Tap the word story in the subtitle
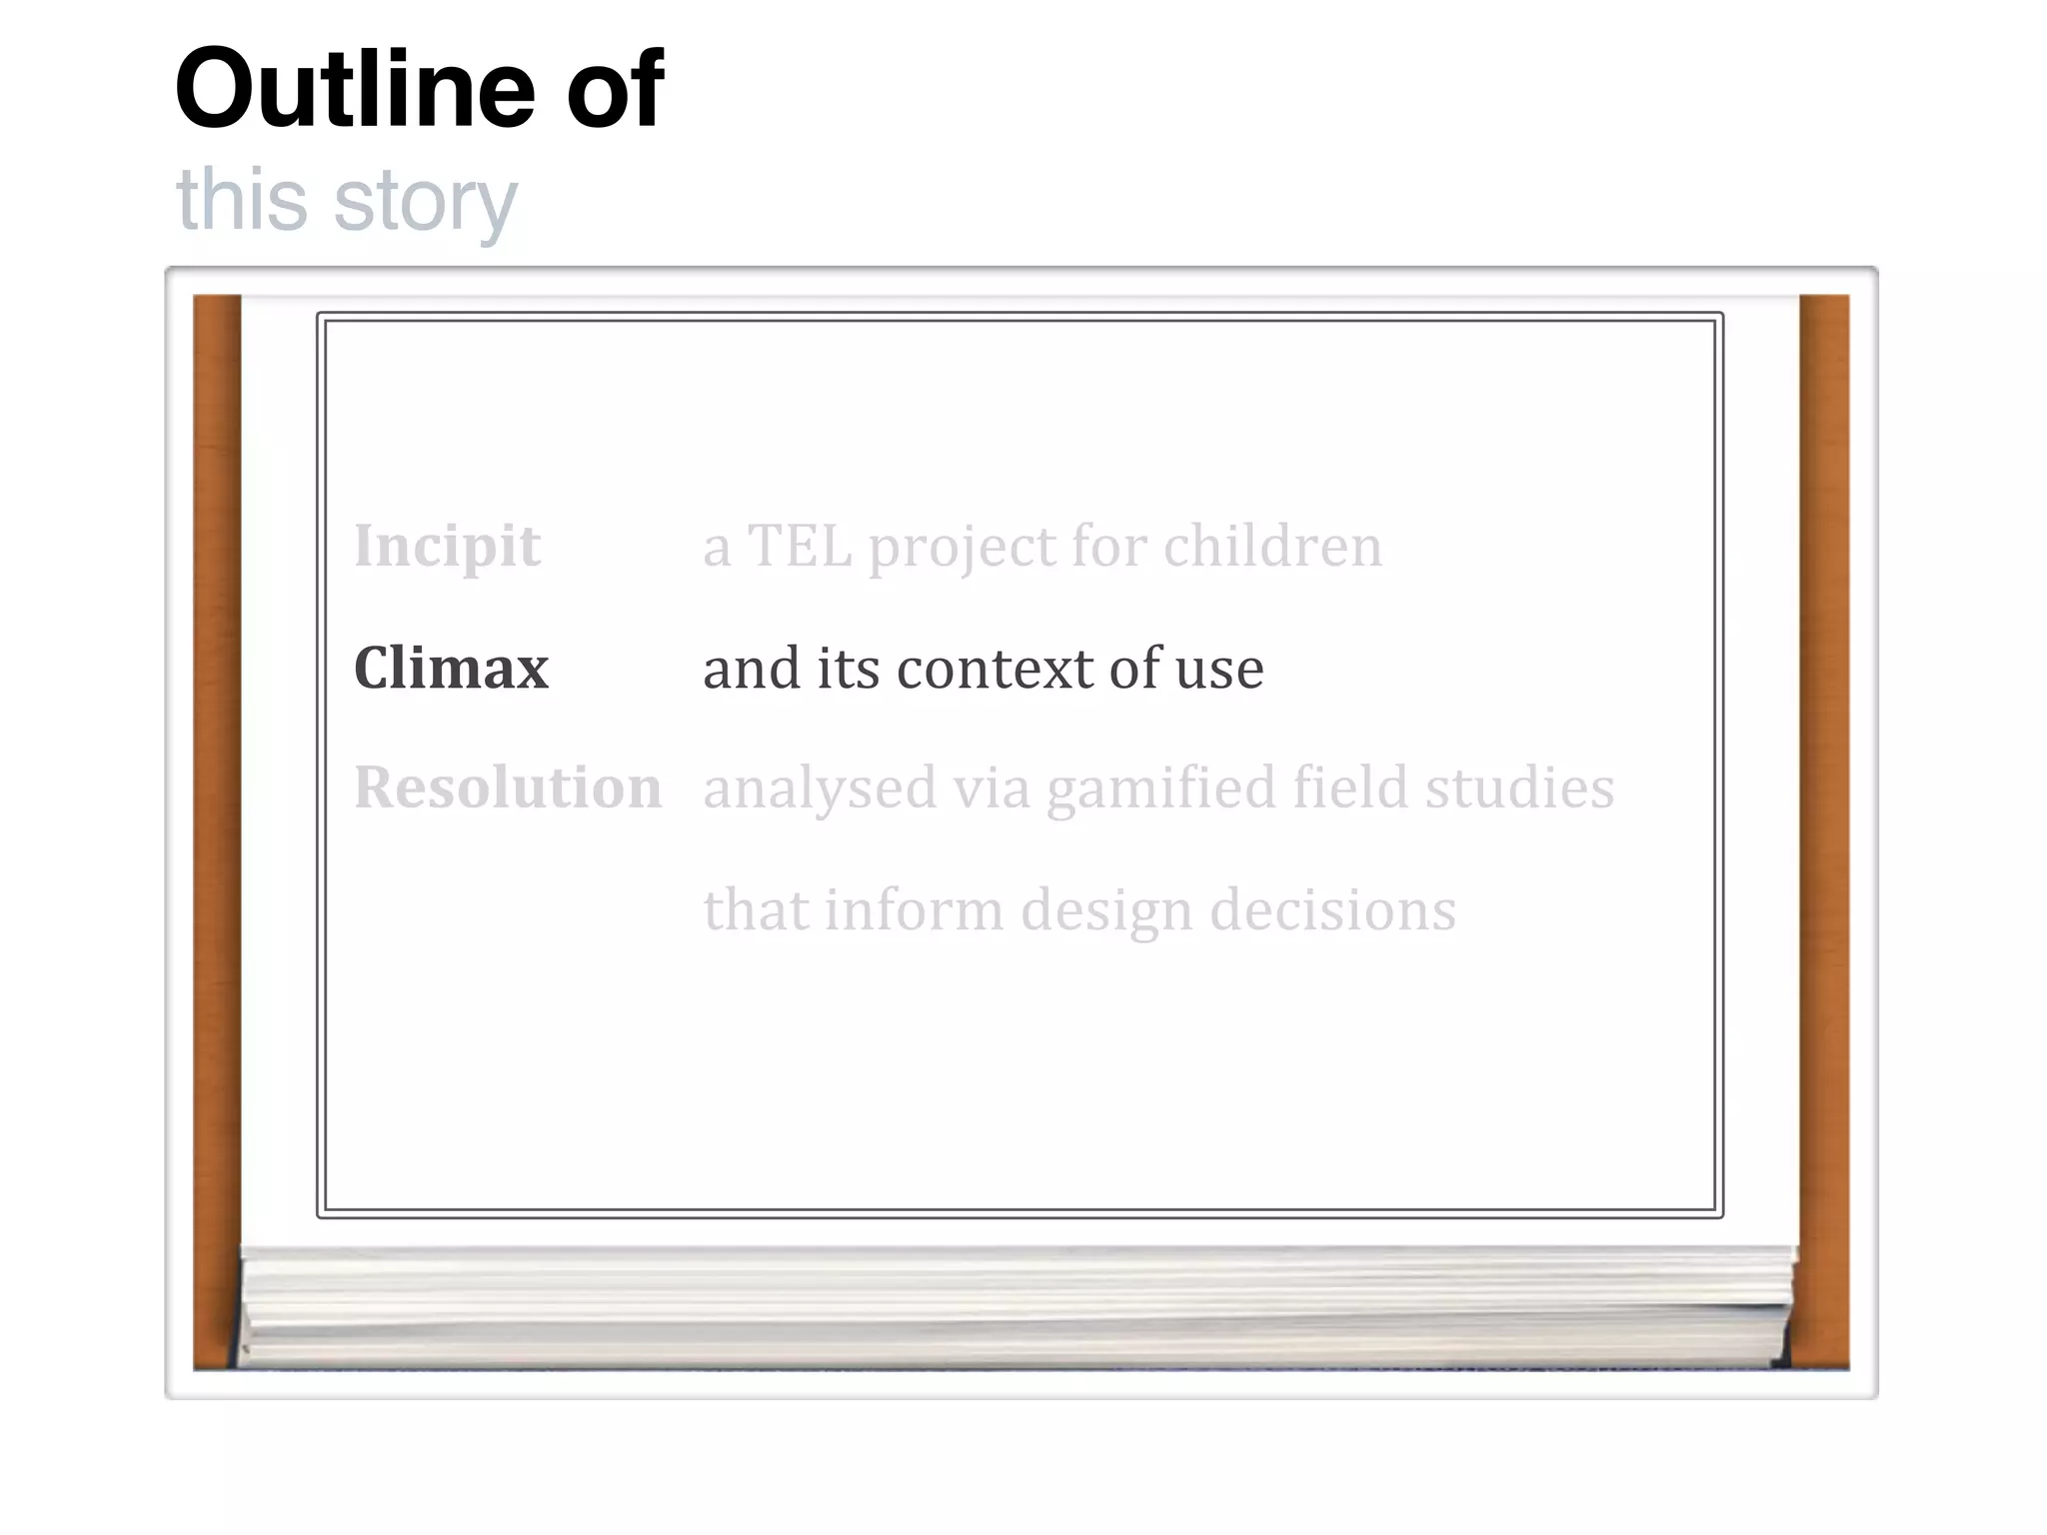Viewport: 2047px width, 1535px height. tap(426, 200)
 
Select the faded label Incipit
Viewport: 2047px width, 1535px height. tap(447, 547)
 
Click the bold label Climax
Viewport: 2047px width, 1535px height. tap(451, 668)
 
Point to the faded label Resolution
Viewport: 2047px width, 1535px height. tap(508, 787)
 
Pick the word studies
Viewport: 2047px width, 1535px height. tap(1519, 787)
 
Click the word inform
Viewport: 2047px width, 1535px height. tap(913, 910)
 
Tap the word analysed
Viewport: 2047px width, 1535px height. tap(820, 789)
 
